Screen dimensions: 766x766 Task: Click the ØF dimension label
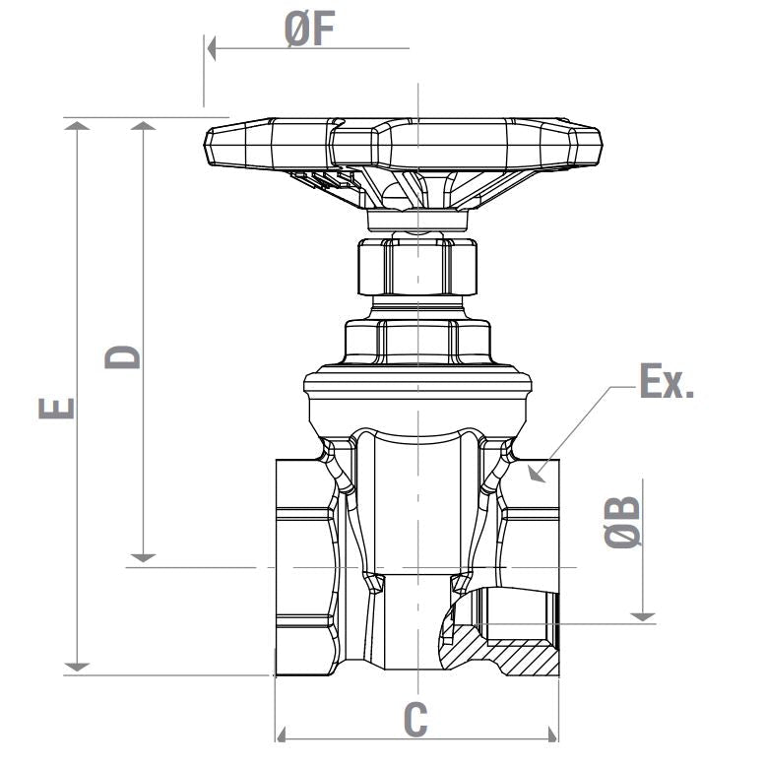pos(310,30)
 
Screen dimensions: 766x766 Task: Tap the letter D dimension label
pos(123,355)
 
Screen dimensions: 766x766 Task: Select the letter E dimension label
pos(57,407)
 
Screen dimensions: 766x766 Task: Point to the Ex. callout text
pos(667,382)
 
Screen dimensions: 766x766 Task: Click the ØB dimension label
pos(622,521)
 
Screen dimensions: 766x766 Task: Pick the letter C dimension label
pos(416,720)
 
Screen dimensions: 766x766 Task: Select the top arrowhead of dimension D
pos(144,125)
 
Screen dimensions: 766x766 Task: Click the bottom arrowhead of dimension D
pos(144,557)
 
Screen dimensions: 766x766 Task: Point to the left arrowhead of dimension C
pos(281,734)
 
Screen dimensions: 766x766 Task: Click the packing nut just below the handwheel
pos(416,264)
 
